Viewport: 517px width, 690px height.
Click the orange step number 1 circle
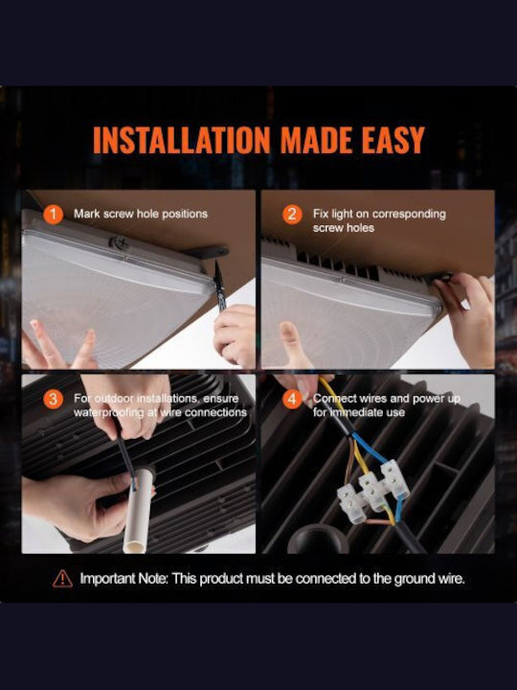[x=54, y=215]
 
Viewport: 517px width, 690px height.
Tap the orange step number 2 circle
[x=292, y=215]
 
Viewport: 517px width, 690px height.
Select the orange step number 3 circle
[x=54, y=399]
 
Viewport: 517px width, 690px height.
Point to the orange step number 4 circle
[x=292, y=399]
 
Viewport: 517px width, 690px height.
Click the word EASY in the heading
[x=393, y=140]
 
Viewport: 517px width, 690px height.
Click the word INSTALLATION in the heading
[x=181, y=140]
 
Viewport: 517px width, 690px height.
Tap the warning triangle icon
[x=62, y=579]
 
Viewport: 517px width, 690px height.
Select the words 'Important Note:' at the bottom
[x=124, y=578]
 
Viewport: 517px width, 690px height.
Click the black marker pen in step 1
[x=219, y=286]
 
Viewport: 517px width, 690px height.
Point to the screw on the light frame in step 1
[x=119, y=243]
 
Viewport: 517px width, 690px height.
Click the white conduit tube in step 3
[x=137, y=510]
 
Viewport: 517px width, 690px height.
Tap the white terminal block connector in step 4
[x=373, y=491]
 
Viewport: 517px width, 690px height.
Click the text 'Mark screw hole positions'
[x=141, y=214]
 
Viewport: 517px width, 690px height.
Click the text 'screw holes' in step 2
[x=344, y=228]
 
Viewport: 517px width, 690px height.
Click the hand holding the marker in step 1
[x=236, y=334]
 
